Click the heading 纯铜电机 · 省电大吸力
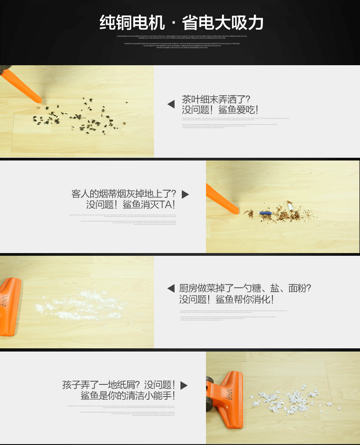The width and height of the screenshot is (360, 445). click(181, 22)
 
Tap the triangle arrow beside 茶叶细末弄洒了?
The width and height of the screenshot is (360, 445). click(171, 104)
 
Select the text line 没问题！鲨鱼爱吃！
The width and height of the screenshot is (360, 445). click(221, 110)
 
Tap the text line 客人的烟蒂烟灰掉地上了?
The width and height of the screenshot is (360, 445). click(123, 193)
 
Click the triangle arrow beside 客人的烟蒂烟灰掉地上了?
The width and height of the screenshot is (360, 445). click(185, 194)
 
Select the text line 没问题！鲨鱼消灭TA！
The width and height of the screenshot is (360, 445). click(131, 205)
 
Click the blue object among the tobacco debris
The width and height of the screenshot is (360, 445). click(265, 213)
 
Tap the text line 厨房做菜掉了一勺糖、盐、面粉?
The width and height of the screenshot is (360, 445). click(245, 288)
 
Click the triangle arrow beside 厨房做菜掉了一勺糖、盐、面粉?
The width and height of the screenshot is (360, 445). click(171, 288)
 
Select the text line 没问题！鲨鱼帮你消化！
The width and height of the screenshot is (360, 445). click(226, 300)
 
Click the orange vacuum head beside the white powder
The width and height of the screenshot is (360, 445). click(10, 305)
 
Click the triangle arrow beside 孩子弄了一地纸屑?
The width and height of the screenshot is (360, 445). click(184, 385)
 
